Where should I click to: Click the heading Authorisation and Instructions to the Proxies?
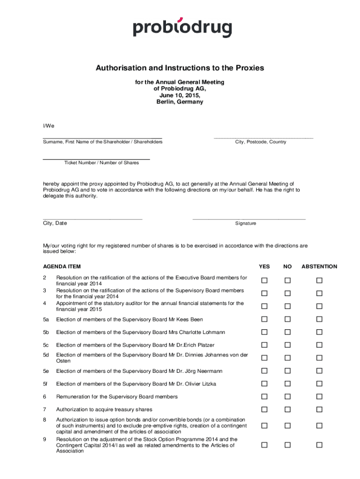point(180,68)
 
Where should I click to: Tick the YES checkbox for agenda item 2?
point(264,281)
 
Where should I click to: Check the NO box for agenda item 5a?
point(288,319)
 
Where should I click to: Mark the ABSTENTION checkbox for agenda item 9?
point(319,445)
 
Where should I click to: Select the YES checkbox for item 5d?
point(264,358)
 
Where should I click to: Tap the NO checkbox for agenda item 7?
point(288,410)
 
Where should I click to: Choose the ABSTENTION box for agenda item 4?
point(319,306)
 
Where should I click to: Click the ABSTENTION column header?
point(319,267)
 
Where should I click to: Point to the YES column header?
point(264,267)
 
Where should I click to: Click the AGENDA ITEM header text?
point(62,267)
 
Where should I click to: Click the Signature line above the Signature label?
point(249,218)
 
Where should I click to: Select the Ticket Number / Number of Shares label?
point(101,163)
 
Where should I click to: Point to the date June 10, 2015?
point(180,95)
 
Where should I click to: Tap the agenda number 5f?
point(46,384)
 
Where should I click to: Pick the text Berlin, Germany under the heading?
point(180,102)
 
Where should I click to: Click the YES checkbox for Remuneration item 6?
point(264,397)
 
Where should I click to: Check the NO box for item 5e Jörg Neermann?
point(288,371)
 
